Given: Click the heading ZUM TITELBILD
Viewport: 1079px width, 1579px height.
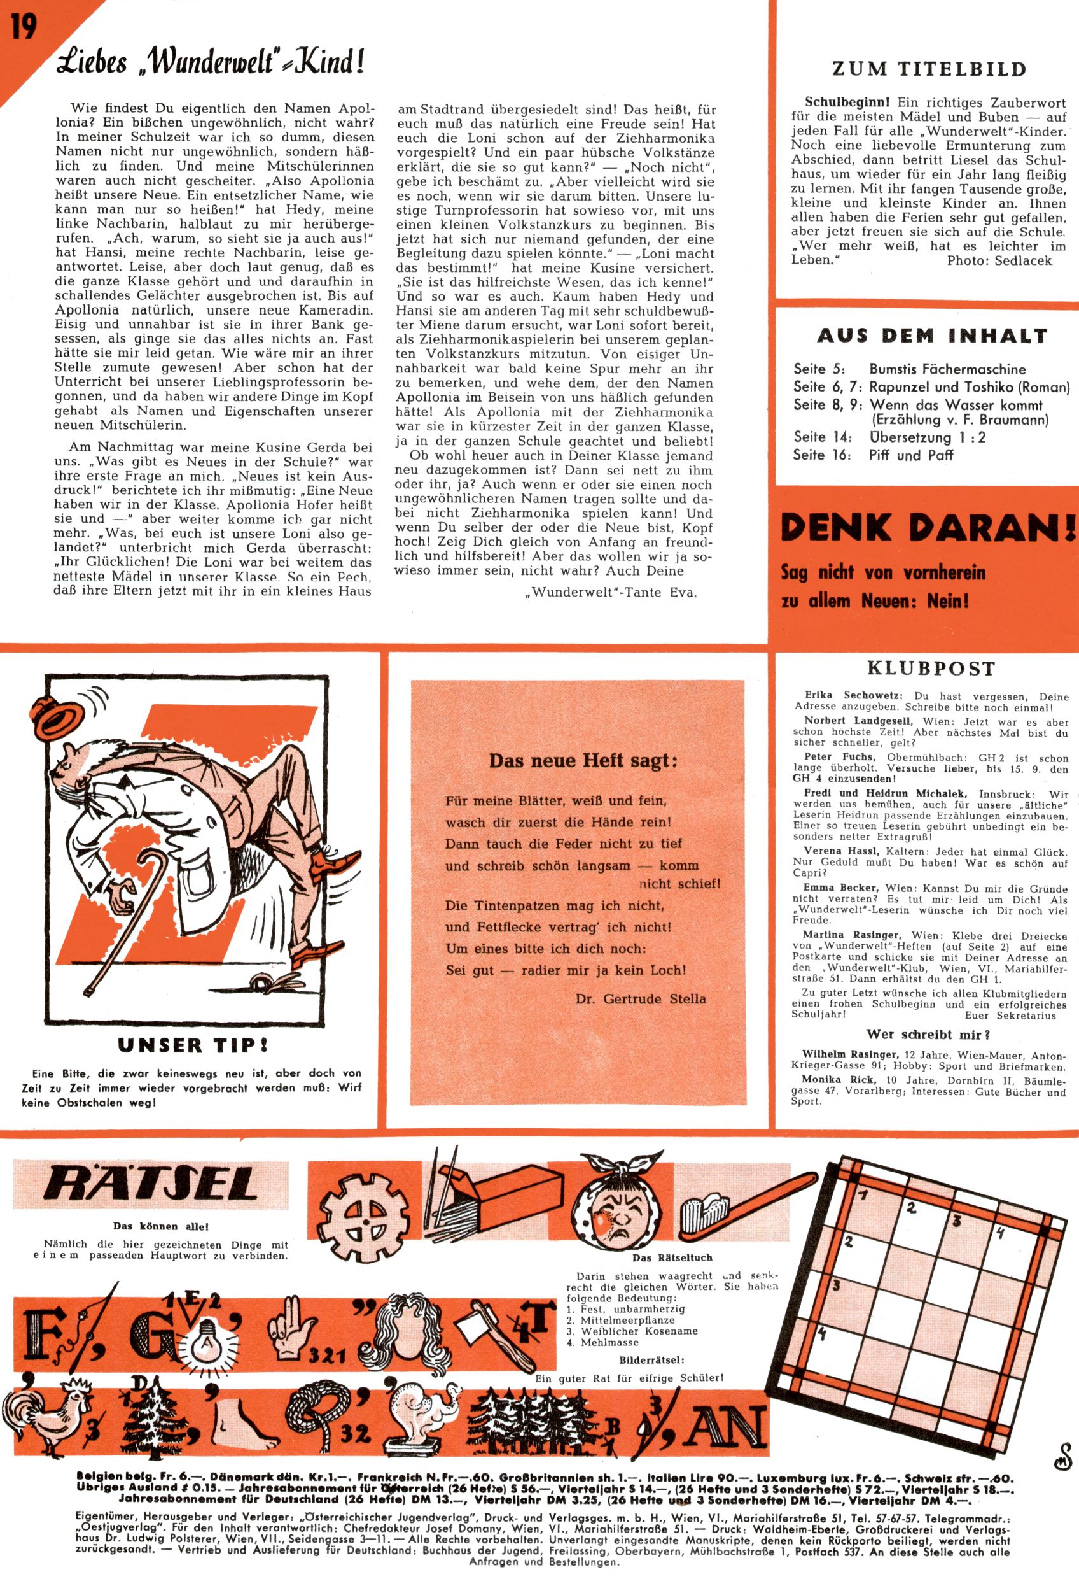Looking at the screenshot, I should pyautogui.click(x=928, y=69).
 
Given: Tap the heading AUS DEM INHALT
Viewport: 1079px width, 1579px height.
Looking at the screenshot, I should pyautogui.click(x=931, y=336).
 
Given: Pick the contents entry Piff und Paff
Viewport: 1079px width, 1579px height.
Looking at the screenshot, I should pyautogui.click(x=910, y=455).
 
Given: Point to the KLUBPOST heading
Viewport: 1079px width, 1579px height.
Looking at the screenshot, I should pyautogui.click(x=931, y=668).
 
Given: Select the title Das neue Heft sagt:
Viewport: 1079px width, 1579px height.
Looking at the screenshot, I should pyautogui.click(x=583, y=760).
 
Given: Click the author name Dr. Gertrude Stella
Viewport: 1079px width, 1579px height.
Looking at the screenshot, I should pyautogui.click(x=639, y=999).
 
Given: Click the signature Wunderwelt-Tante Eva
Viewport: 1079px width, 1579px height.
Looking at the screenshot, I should pyautogui.click(x=611, y=591).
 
